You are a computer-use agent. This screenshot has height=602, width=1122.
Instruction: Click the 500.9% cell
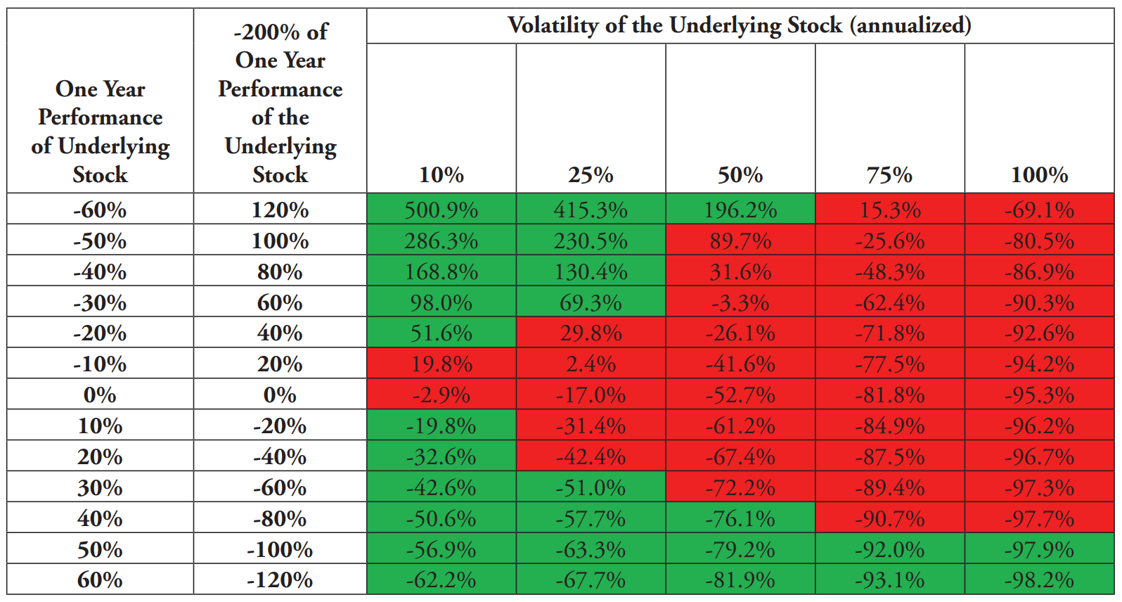pos(441,208)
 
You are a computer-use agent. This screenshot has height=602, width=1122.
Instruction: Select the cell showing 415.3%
pos(591,208)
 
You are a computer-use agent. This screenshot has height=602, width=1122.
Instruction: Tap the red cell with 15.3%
pos(890,208)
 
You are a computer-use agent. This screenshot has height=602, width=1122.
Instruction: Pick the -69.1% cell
pos(1039,208)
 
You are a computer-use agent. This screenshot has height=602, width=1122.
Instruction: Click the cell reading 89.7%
pos(740,240)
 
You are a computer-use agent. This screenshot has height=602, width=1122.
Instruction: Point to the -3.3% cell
pos(740,301)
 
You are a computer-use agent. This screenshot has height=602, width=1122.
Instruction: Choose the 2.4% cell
pos(591,363)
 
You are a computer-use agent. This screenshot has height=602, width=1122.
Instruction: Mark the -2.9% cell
pos(441,394)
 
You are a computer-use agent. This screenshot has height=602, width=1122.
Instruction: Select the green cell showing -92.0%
pos(890,549)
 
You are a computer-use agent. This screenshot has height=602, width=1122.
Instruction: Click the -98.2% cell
pos(1039,579)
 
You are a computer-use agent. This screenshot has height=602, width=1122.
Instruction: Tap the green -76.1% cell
pos(740,518)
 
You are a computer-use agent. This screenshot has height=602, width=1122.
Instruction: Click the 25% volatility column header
pos(591,175)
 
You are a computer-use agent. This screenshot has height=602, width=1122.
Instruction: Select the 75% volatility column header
pos(889,175)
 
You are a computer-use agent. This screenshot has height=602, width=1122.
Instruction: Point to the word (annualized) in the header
pos(910,25)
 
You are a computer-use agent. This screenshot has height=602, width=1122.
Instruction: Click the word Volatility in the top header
pos(553,25)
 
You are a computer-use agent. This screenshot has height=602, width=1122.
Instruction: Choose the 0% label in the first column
pos(100,395)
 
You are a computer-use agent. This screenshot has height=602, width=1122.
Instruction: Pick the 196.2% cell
pos(740,208)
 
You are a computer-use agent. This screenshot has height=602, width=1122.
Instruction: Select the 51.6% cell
pos(441,333)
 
